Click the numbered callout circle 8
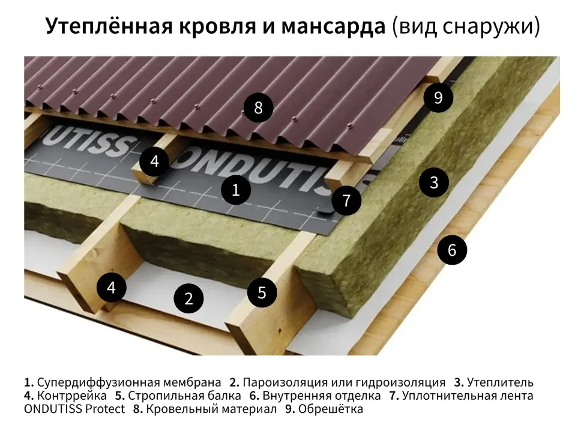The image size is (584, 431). [258, 107]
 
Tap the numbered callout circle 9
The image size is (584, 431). [438, 98]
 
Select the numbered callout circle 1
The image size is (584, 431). [235, 190]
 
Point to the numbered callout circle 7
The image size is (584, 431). [346, 200]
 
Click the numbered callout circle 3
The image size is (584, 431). [433, 182]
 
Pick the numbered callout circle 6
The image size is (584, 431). [452, 250]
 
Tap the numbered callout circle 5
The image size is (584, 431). [262, 292]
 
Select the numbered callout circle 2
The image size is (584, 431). [189, 298]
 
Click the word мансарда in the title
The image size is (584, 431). [333, 26]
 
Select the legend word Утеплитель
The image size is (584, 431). [500, 382]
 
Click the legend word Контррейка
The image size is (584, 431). [72, 396]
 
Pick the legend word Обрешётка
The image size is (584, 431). [330, 409]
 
